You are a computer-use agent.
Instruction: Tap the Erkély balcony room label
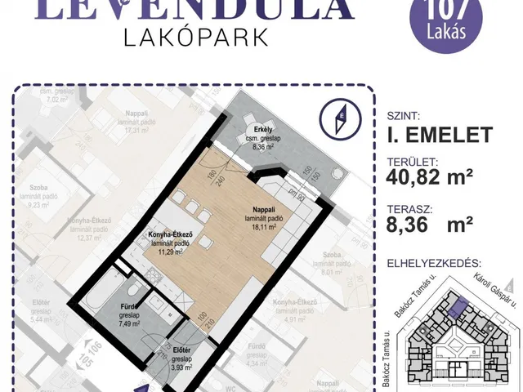[x=261, y=140]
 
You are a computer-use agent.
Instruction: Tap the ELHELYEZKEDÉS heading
[x=432, y=264]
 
